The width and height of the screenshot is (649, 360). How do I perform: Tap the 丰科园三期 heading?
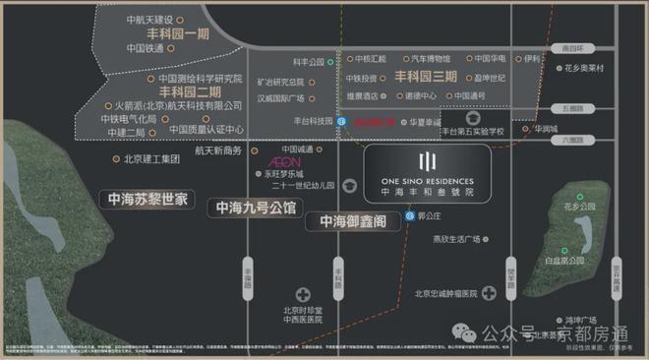426,76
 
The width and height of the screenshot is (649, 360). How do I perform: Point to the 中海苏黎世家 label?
147,199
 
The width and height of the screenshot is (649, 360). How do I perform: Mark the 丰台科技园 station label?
304,121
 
